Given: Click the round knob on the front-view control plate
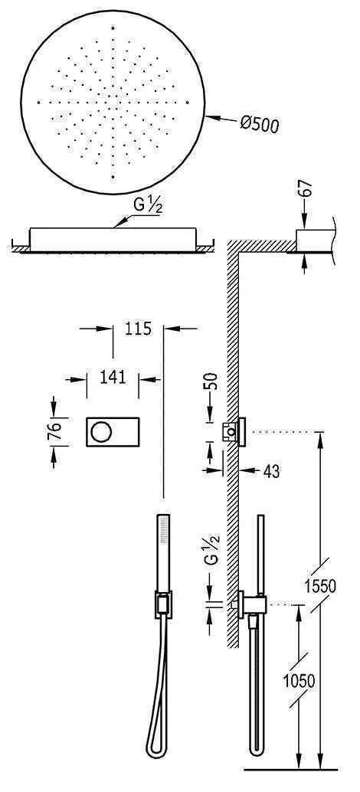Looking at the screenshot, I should [100, 432].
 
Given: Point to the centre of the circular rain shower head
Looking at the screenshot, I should [113, 103].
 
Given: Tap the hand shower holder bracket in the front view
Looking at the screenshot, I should [162, 605].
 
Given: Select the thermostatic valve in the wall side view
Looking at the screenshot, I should [234, 432].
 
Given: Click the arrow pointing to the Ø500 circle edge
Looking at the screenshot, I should [218, 119].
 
